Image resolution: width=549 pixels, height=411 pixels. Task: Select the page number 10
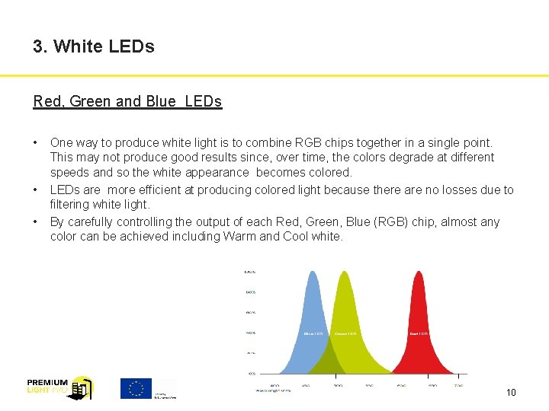pos(511,393)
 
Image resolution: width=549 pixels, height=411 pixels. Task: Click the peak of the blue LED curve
pos(312,272)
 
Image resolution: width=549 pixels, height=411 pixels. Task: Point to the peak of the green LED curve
pos(345,272)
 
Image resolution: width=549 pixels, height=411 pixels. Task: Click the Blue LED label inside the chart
pos(313,333)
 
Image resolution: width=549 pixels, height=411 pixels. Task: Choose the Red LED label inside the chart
pos(419,333)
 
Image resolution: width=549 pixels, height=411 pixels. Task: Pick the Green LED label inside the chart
pos(345,333)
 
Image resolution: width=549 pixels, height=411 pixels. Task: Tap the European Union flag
pos(136,388)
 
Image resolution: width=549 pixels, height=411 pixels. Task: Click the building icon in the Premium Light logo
pos(80,389)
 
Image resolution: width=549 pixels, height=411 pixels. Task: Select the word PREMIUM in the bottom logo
pos(47,382)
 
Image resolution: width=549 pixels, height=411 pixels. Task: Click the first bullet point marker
pos(36,142)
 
